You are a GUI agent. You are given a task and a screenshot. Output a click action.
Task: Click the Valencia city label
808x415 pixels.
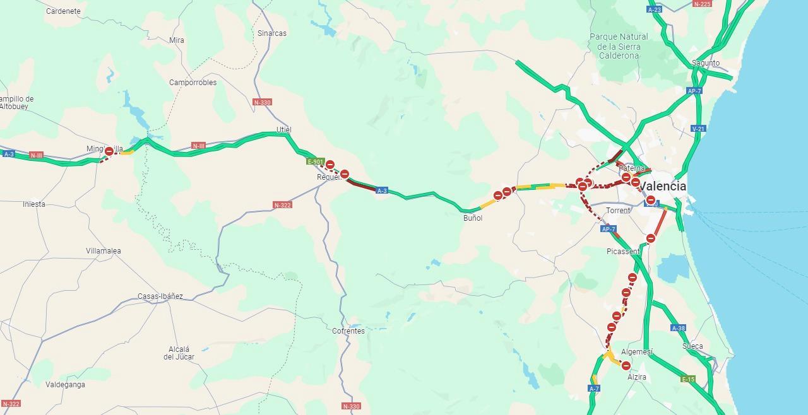pos(662,187)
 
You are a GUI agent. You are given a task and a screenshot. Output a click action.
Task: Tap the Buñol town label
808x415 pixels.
pos(473,218)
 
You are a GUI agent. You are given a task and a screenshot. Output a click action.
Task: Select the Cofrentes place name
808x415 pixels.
pos(348,331)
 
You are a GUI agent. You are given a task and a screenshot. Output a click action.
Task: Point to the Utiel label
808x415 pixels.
pos(284,130)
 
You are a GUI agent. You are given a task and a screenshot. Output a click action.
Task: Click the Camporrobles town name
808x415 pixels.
pos(193,83)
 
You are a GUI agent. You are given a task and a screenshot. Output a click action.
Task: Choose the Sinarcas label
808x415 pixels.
pos(272,33)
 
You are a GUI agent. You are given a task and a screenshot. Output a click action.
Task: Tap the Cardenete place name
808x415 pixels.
pos(63,11)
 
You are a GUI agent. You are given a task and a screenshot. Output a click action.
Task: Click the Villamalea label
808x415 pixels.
pos(104,251)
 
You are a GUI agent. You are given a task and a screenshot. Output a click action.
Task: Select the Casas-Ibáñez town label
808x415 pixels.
pos(160,296)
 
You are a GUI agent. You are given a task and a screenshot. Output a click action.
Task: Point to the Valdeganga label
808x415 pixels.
pos(65,385)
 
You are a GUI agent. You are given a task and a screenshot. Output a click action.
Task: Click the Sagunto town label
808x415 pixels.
pos(706,63)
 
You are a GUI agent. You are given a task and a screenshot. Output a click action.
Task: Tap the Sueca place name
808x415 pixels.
pos(692,346)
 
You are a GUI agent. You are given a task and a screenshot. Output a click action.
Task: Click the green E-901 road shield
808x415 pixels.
pos(315,161)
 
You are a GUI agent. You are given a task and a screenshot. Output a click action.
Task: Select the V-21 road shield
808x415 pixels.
pos(698,129)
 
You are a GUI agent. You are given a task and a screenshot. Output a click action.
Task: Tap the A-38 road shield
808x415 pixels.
pos(678,328)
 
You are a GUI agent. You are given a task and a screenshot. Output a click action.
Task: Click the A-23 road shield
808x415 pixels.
pos(655,9)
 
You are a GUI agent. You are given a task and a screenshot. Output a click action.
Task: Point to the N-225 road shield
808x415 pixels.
pos(702,4)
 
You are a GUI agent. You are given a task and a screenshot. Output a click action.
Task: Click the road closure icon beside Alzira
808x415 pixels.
pos(626,366)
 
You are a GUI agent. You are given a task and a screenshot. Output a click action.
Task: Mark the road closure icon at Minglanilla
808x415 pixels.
pos(109,151)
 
